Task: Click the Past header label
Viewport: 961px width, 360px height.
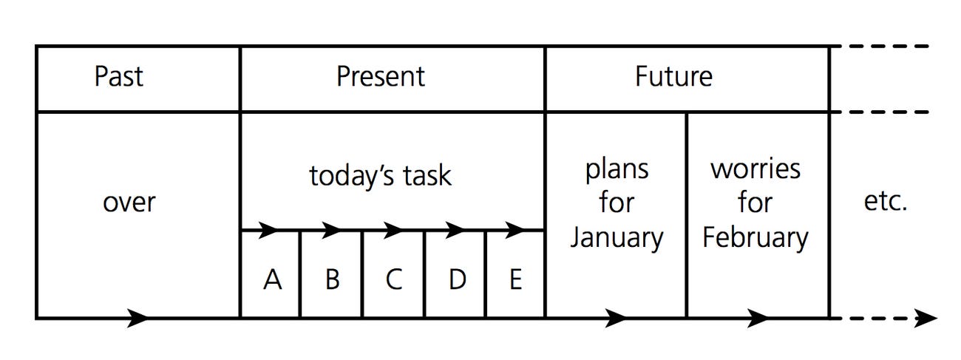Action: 119,76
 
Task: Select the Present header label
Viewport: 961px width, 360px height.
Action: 381,76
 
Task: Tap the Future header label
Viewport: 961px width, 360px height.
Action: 673,76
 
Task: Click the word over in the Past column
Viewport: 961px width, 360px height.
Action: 129,203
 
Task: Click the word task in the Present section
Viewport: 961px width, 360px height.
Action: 427,175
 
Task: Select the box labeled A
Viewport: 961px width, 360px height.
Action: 270,274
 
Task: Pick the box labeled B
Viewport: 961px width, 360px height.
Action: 331,274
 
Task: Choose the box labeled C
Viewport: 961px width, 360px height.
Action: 393,274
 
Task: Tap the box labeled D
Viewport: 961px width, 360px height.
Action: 455,274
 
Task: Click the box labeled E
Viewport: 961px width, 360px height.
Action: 515,274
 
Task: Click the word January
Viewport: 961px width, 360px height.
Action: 617,238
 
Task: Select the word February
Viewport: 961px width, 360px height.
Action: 755,238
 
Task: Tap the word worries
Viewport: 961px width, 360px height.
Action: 755,169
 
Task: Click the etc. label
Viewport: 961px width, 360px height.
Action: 886,202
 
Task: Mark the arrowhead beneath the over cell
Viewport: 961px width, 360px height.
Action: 137,319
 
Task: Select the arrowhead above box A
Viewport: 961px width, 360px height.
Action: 268,231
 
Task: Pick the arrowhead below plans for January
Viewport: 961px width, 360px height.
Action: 616,319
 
